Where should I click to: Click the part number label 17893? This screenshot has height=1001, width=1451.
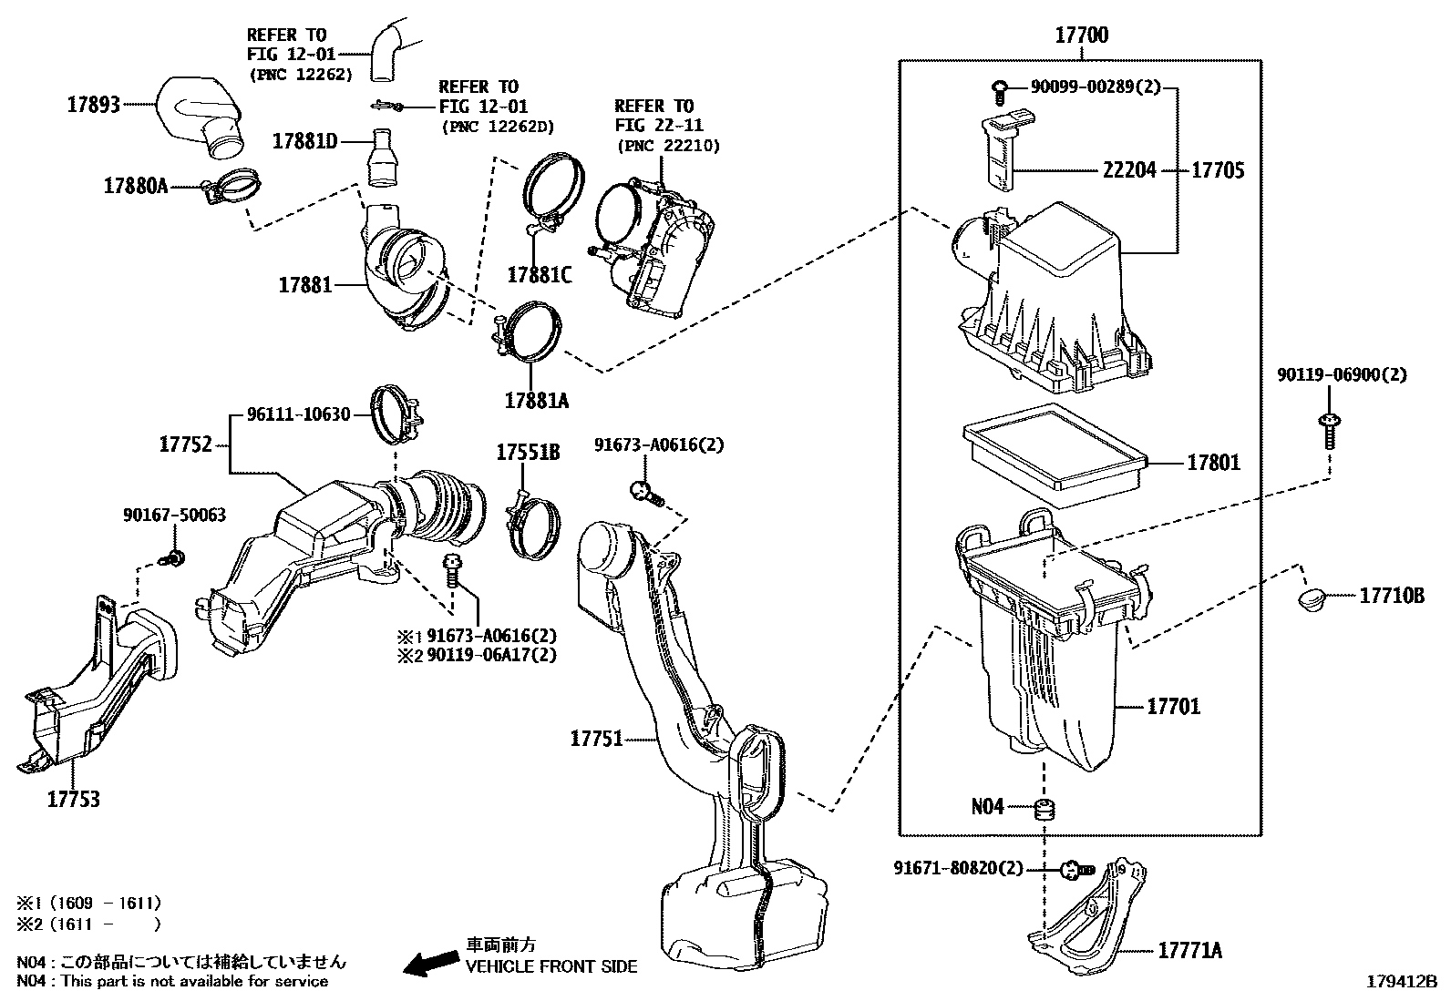[x=93, y=105]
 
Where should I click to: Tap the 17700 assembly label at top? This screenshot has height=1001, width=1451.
[x=1081, y=36]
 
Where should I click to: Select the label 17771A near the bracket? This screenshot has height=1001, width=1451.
[x=1189, y=951]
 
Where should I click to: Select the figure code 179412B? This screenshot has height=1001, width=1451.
[x=1400, y=983]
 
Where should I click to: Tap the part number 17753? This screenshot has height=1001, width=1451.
[x=74, y=799]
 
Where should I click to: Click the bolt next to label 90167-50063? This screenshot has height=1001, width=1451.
[x=175, y=555]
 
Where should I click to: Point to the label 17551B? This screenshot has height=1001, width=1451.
[x=528, y=452]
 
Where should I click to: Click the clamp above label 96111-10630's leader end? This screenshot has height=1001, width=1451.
[x=397, y=411]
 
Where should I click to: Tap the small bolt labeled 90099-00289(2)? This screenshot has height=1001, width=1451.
[x=1001, y=88]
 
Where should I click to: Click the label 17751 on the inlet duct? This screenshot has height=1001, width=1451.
[x=596, y=739]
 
